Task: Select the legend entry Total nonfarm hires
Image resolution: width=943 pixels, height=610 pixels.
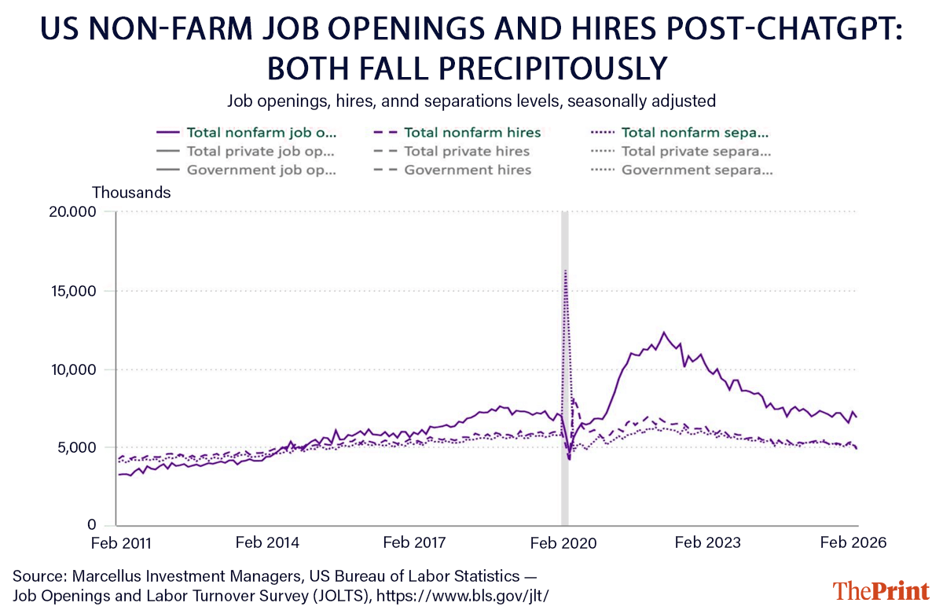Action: (472, 132)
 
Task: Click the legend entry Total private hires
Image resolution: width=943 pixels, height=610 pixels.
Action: (467, 151)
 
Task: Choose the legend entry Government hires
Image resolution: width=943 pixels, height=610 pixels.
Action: (468, 170)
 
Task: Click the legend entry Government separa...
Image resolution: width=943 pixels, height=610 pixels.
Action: (695, 170)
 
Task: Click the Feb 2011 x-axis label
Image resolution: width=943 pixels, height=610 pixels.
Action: (121, 543)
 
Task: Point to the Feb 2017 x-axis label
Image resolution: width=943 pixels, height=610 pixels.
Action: (413, 543)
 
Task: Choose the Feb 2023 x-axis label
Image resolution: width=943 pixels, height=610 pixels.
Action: (707, 543)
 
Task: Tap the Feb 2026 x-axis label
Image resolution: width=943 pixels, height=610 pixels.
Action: (853, 543)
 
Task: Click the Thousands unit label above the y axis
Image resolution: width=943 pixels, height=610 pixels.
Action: (131, 192)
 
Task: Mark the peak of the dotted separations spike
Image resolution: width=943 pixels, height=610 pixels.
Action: (565, 270)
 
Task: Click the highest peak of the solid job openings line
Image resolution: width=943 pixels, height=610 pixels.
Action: (663, 333)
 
